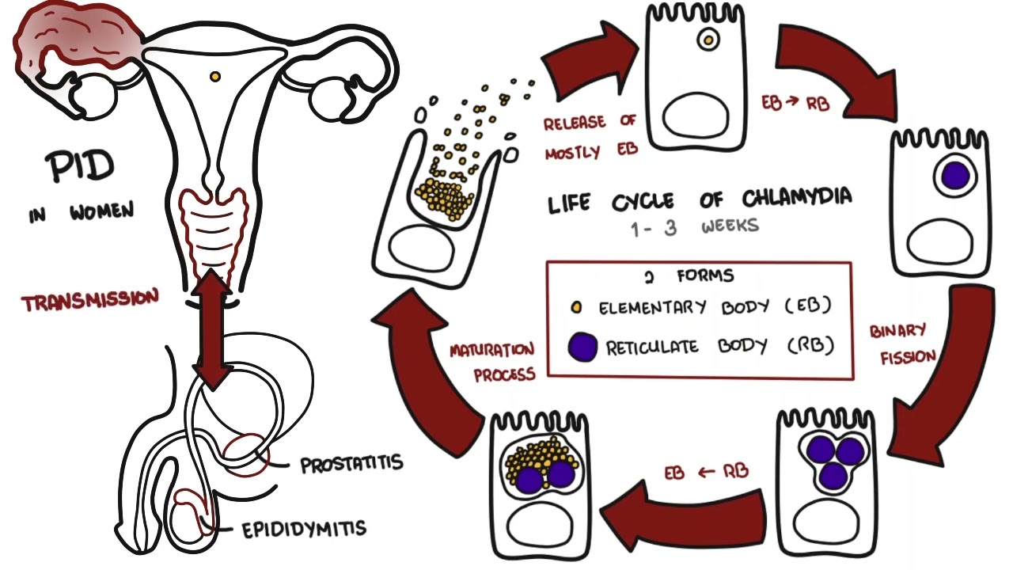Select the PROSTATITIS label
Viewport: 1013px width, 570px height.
point(351,463)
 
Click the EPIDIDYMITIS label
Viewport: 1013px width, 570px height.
point(304,528)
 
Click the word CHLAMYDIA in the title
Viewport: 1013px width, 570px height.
point(797,198)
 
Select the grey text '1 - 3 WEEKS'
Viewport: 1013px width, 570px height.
point(694,227)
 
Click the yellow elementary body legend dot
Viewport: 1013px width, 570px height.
point(577,307)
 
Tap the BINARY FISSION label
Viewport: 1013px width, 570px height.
point(901,344)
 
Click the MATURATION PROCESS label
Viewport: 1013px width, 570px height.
point(492,362)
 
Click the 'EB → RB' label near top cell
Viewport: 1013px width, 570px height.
point(795,104)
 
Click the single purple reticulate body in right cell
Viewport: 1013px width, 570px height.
point(955,175)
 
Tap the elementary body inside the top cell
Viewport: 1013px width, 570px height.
point(704,38)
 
